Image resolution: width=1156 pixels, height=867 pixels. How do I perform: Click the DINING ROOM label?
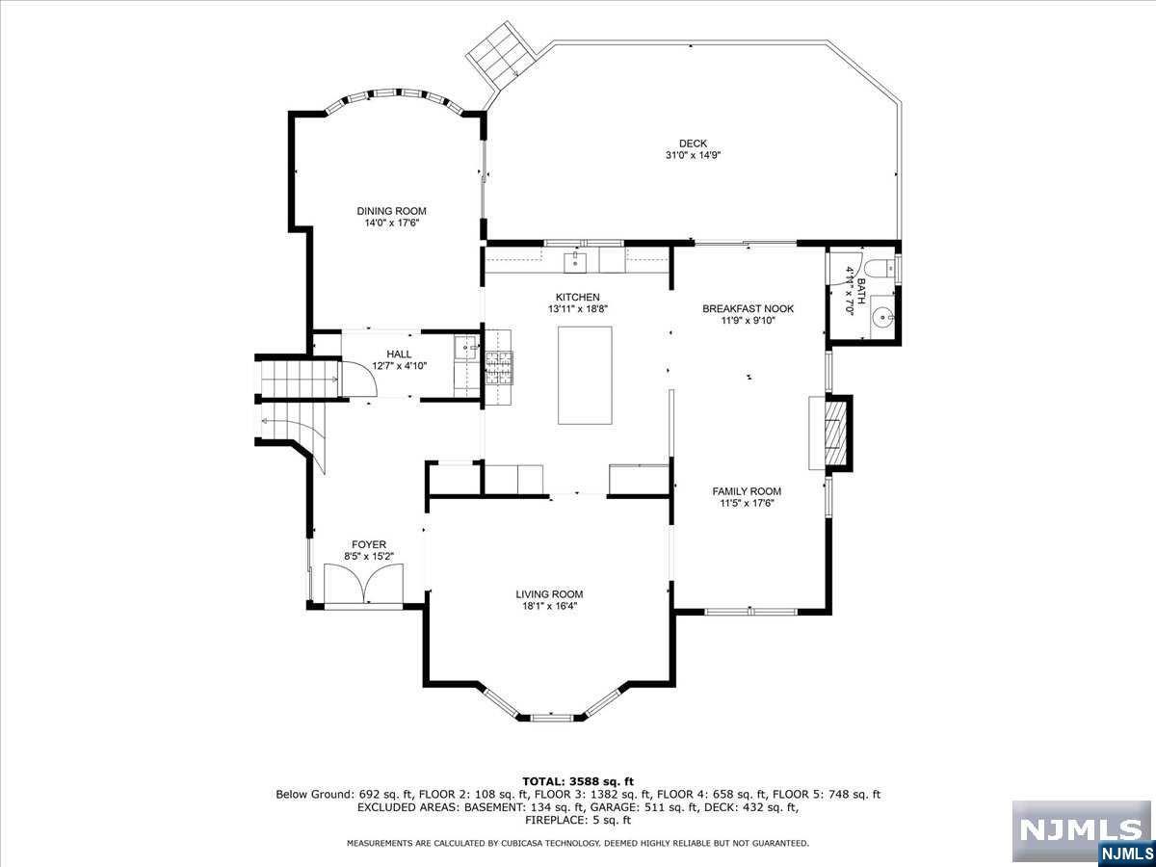[391, 211]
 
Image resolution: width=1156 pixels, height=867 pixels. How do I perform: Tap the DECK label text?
[693, 144]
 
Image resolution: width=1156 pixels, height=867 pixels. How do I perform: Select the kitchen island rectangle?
[585, 376]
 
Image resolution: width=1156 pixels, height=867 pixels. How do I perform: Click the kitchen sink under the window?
[576, 262]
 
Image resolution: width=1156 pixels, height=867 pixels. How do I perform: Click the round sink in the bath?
[881, 318]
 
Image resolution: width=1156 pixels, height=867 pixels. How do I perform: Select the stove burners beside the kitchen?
[498, 367]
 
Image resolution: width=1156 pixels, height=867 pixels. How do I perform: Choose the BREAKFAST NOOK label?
[748, 308]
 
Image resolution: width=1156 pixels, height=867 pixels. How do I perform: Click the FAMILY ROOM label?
[747, 491]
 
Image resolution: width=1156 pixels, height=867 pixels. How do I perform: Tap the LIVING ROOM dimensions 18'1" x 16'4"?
[549, 606]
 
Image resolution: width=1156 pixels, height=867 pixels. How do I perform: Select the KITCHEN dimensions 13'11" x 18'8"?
[578, 309]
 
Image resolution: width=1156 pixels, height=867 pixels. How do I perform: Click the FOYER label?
[369, 544]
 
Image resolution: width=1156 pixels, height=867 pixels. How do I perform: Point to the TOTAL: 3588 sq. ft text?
[578, 781]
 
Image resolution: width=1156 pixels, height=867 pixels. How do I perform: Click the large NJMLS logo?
[1081, 830]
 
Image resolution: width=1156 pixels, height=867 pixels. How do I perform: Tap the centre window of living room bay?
[551, 718]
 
